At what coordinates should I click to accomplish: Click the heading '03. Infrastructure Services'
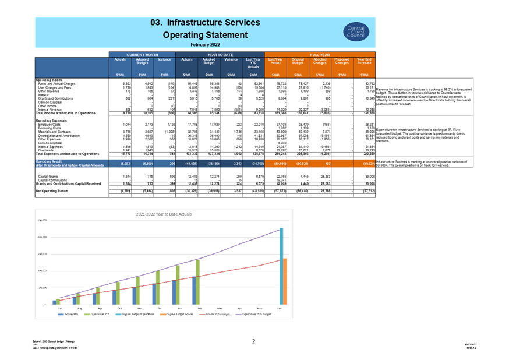[x=205, y=23]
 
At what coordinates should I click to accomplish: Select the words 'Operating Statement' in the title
[x=205, y=35]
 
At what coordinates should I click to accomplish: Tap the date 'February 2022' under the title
[x=205, y=44]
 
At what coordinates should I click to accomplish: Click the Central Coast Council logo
[x=355, y=32]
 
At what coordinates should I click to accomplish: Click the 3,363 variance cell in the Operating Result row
[x=231, y=164]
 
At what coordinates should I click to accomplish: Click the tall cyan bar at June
[x=281, y=265]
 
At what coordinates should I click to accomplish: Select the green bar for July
[x=58, y=301]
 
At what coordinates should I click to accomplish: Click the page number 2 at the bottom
[x=253, y=341]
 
